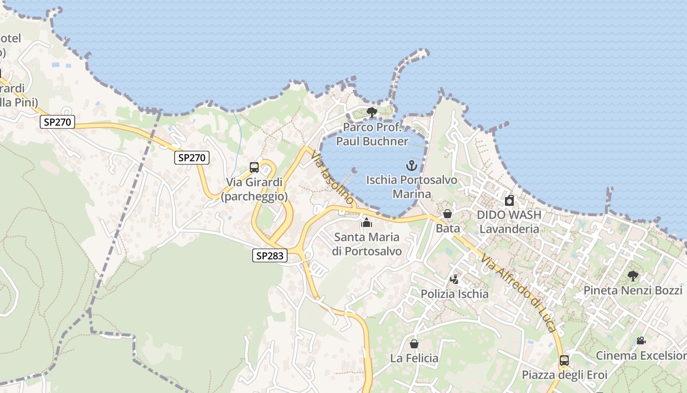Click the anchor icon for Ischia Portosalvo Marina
click(412, 166)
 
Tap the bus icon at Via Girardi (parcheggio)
click(254, 167)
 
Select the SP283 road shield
click(270, 255)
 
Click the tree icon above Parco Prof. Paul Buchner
click(372, 112)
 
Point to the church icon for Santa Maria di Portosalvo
click(367, 223)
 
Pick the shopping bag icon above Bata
click(448, 214)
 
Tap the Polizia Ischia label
click(454, 294)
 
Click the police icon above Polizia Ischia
click(454, 280)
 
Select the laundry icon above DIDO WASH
click(509, 200)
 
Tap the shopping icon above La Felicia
click(414, 344)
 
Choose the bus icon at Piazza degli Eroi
click(564, 361)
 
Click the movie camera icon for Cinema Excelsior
click(641, 340)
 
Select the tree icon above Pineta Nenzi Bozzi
click(633, 276)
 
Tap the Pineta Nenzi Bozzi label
click(633, 290)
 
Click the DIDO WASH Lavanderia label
click(509, 222)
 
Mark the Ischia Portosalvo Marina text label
click(412, 187)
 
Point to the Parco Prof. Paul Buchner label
click(372, 135)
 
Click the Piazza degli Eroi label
click(564, 375)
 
